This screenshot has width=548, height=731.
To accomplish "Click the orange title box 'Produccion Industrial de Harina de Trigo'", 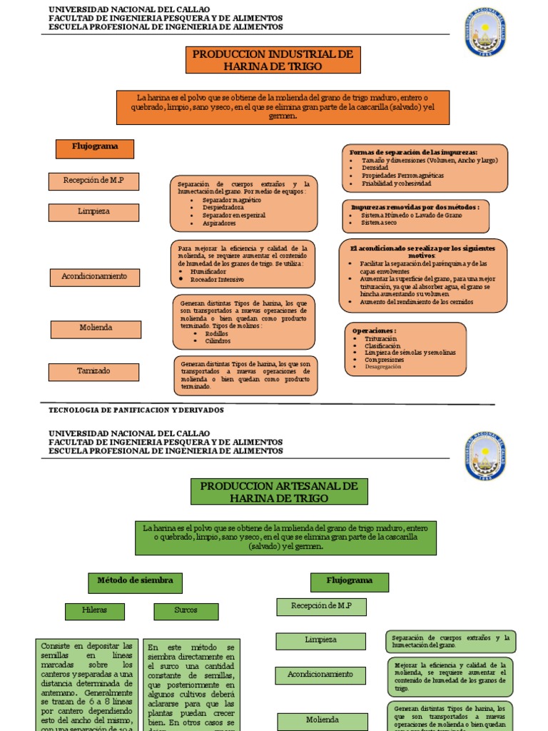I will point(273,60).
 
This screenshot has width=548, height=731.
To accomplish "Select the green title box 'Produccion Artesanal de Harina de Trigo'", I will point(279,492).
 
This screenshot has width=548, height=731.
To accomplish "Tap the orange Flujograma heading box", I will point(95,148).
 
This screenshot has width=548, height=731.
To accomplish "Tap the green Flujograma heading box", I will point(350,582).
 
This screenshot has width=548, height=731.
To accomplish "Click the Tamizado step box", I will point(94,372).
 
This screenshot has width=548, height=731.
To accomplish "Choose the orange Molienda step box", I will point(95,328).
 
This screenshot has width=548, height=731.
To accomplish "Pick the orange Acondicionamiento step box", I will point(94,277).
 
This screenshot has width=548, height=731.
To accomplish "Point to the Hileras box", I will point(95,611).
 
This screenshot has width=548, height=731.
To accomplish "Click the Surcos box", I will point(186,611).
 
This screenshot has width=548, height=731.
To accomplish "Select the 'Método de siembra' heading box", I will point(135,582).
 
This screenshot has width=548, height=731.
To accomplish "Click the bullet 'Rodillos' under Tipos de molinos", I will point(216,333).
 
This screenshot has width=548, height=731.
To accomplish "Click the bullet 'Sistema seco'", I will point(380,223).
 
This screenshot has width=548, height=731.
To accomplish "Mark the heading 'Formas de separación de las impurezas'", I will point(413,152).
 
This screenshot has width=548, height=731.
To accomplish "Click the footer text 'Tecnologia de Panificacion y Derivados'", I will point(136,410).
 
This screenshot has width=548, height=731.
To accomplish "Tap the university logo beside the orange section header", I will point(485,31).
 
